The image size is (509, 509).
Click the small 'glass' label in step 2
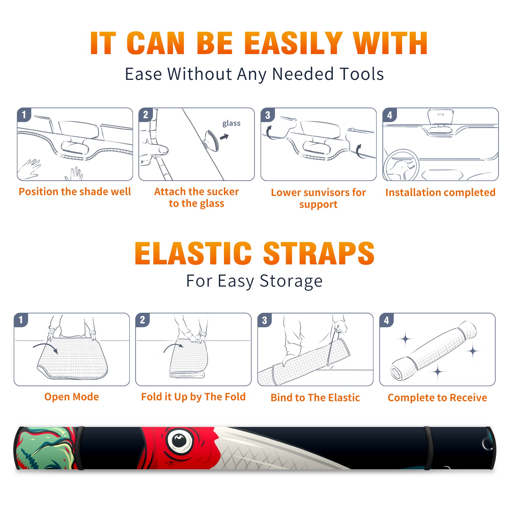(x=231, y=123)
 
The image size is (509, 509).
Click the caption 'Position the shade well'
(x=75, y=192)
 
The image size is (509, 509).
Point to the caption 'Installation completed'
(x=440, y=192)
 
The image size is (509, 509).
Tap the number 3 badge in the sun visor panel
(x=268, y=115)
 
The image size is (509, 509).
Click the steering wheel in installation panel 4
(x=401, y=165)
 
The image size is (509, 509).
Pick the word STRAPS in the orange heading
(x=319, y=253)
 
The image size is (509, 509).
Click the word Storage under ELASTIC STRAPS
(x=291, y=281)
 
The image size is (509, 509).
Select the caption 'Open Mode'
(x=72, y=397)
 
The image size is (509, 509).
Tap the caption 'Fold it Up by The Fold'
(x=193, y=397)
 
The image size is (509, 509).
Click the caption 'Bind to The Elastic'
(x=315, y=398)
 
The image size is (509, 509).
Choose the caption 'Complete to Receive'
(x=437, y=398)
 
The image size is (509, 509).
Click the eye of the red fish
(x=179, y=441)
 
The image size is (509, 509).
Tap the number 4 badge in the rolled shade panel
(x=387, y=320)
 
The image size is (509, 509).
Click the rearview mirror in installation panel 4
(x=440, y=117)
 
